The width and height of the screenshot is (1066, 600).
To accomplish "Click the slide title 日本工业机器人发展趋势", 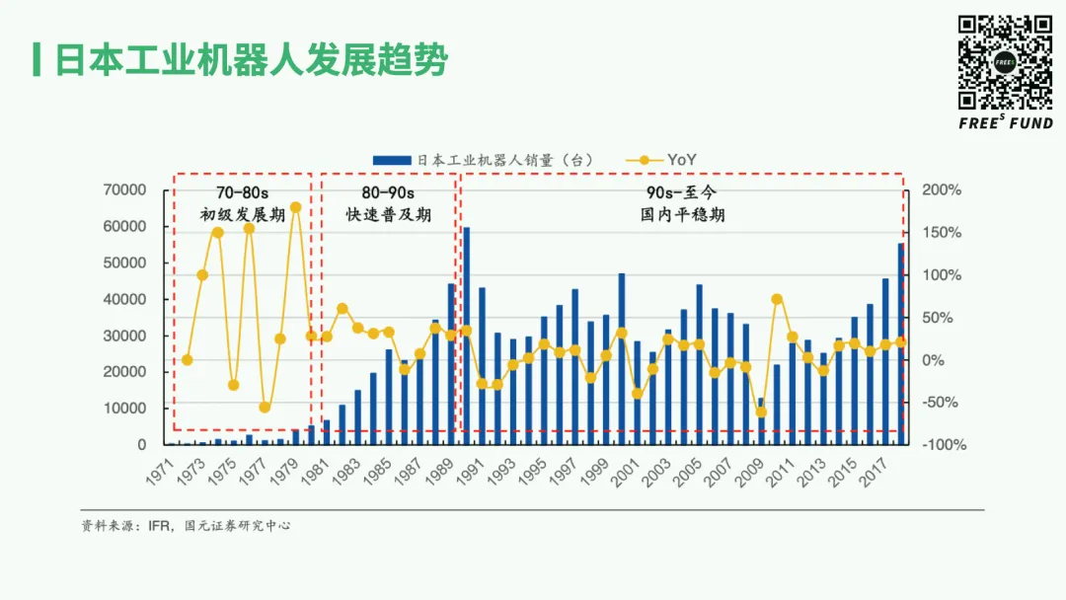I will coord(250,60).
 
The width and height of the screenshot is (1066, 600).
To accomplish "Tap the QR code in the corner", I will coord(1006,62).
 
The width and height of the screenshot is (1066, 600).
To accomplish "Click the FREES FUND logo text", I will coord(1006,123).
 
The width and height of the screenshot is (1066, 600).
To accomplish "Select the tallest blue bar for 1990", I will coord(466,336).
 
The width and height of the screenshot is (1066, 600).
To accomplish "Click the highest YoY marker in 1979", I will coord(295,207).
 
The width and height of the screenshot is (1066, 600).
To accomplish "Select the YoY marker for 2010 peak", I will coord(777,299).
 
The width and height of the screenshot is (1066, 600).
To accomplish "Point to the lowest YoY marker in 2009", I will coord(761,412).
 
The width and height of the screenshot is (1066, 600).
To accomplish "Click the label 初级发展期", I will coord(242,214).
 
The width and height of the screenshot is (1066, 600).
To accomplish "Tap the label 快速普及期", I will coord(388,214).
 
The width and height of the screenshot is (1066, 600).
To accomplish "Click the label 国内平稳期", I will coord(682,214).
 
